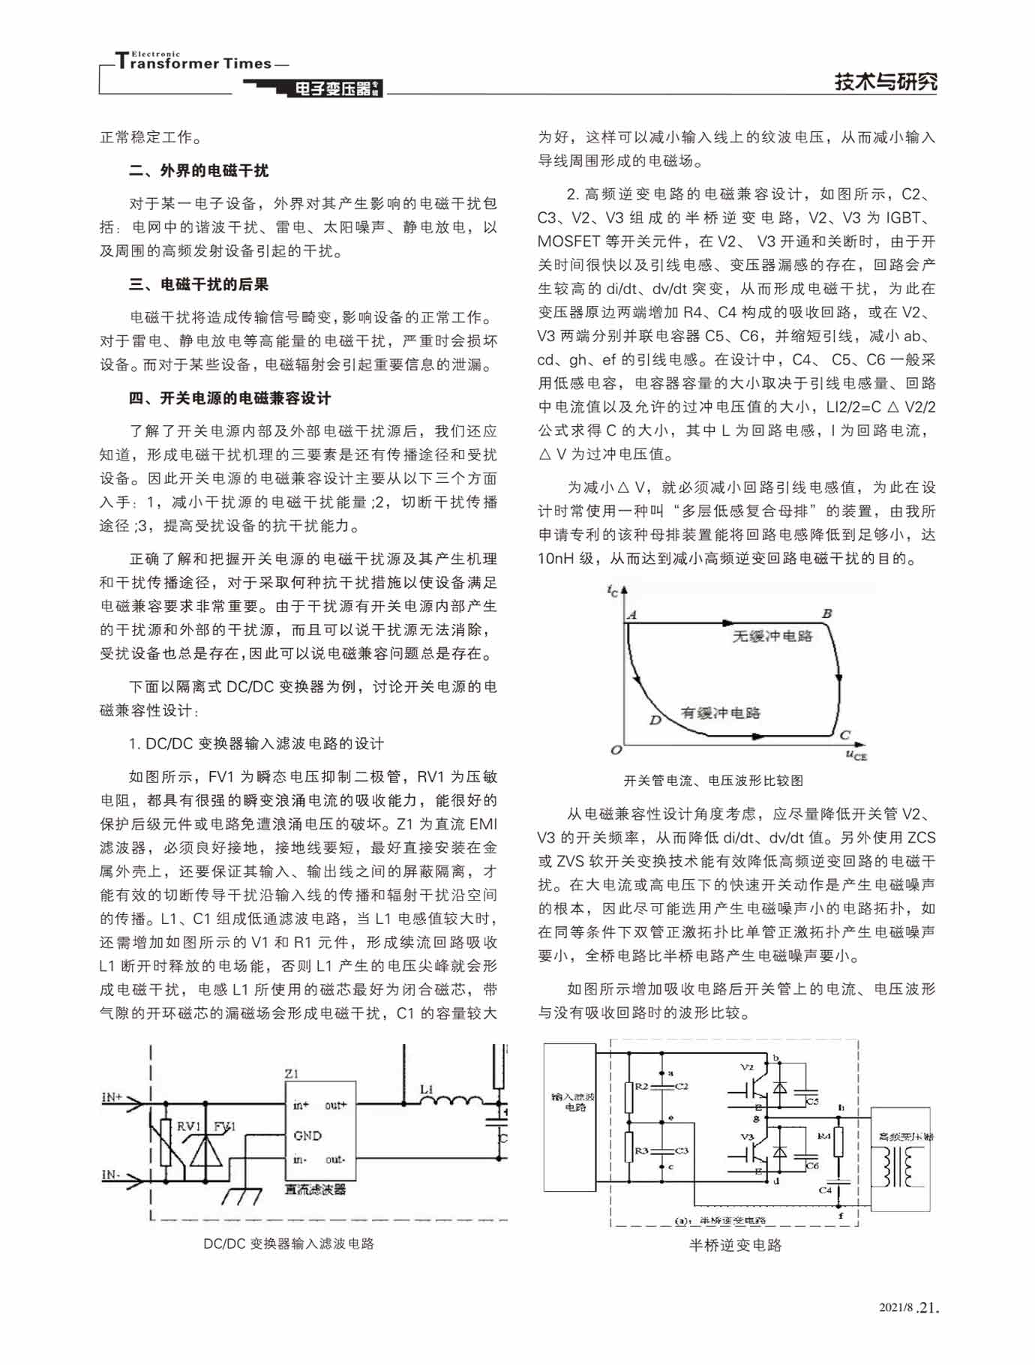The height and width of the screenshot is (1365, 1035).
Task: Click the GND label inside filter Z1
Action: pyautogui.click(x=307, y=1135)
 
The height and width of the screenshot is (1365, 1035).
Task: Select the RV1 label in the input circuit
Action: pyautogui.click(x=188, y=1126)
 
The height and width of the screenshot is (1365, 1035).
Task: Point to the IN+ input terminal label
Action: pyautogui.click(x=112, y=1097)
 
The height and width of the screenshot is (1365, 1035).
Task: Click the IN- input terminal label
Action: pyautogui.click(x=111, y=1174)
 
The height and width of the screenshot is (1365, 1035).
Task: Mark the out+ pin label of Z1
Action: pyautogui.click(x=335, y=1105)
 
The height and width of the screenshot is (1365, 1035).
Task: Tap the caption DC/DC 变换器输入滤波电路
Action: pyautogui.click(x=289, y=1243)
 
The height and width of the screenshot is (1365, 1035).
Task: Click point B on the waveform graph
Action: pyautogui.click(x=826, y=613)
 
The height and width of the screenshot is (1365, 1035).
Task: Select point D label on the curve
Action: pyautogui.click(x=655, y=720)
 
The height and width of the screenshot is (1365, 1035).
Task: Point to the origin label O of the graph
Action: pyautogui.click(x=616, y=750)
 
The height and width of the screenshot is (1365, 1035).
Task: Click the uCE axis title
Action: pyautogui.click(x=856, y=754)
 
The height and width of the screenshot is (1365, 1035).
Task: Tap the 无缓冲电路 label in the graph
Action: pyautogui.click(x=772, y=636)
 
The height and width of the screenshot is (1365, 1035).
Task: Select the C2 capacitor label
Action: pyautogui.click(x=682, y=1086)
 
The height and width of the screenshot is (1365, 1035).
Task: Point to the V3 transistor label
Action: pyautogui.click(x=747, y=1136)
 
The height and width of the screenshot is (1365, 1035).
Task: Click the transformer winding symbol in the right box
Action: pyautogui.click(x=900, y=1167)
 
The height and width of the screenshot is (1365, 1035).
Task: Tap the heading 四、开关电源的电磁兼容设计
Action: pyautogui.click(x=229, y=398)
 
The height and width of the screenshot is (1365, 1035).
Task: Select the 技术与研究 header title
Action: pyautogui.click(x=886, y=82)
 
